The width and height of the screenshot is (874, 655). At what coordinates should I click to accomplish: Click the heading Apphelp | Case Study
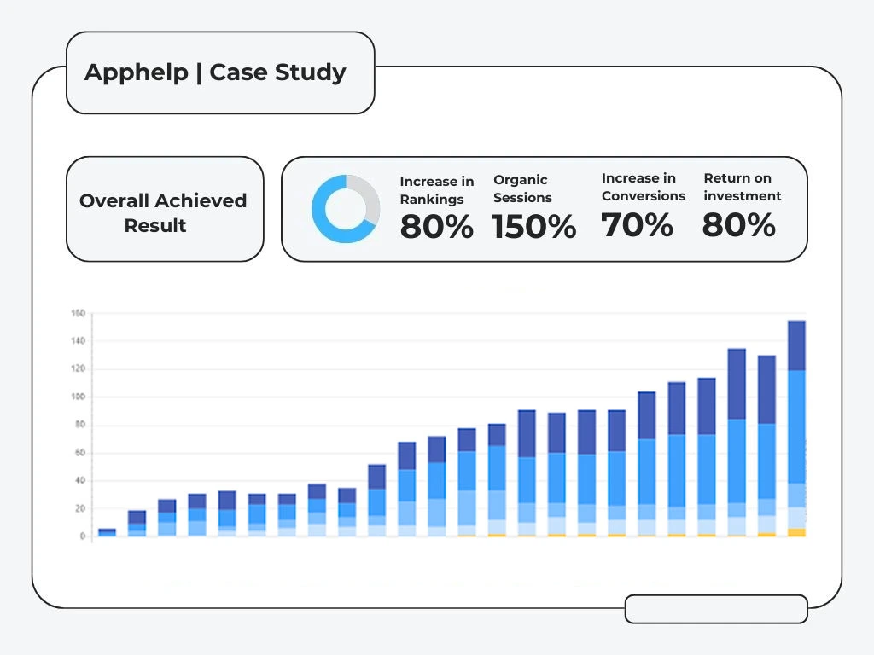point(215,72)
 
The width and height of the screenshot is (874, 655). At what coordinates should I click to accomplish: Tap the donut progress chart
point(345,209)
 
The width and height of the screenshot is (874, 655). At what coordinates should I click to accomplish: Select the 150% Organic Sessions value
point(533,228)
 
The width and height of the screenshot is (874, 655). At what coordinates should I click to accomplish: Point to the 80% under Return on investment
point(738,225)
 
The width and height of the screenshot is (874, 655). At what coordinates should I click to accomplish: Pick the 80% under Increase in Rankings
point(436,228)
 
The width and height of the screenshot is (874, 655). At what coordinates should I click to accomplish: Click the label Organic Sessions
point(522,188)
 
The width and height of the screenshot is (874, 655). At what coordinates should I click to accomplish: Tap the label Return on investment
point(742,187)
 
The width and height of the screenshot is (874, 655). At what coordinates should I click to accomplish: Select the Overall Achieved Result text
point(163,213)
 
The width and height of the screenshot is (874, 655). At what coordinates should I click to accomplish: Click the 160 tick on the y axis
point(78,314)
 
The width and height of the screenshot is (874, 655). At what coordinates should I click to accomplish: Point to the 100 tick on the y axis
point(78,397)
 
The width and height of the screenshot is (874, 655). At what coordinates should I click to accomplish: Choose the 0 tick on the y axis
point(82,536)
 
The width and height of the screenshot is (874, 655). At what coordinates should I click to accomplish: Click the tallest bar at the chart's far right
point(796,426)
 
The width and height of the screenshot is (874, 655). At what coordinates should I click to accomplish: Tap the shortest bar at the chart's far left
point(107,533)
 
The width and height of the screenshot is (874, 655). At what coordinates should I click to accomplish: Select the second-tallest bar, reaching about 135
point(737,439)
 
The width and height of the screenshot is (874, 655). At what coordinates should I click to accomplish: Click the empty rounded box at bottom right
point(716,609)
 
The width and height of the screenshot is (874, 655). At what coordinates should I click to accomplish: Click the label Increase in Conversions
point(644,187)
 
